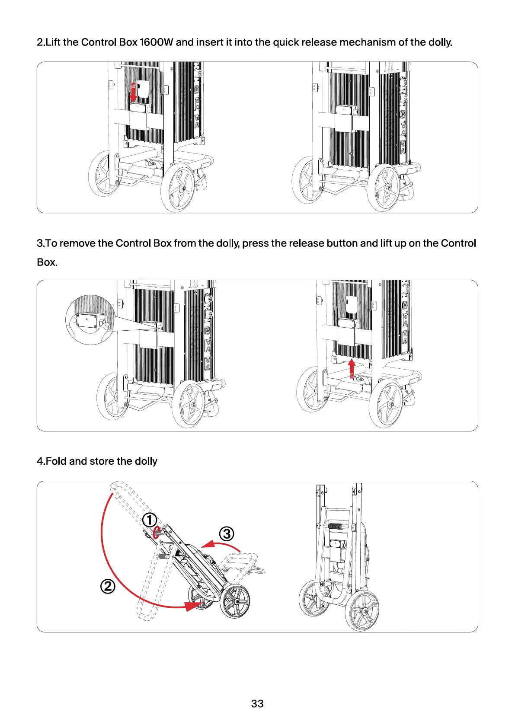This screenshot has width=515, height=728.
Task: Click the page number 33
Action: (257, 704)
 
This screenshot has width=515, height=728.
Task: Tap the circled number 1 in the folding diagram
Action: (150, 520)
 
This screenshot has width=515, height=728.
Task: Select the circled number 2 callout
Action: (108, 587)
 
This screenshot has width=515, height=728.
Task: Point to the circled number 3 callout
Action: (227, 534)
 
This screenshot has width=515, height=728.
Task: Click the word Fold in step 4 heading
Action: (56, 461)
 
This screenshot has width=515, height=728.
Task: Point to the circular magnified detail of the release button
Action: (90, 320)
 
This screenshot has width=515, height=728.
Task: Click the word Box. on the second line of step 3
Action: (47, 262)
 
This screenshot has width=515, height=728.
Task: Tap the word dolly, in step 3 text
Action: (227, 243)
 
